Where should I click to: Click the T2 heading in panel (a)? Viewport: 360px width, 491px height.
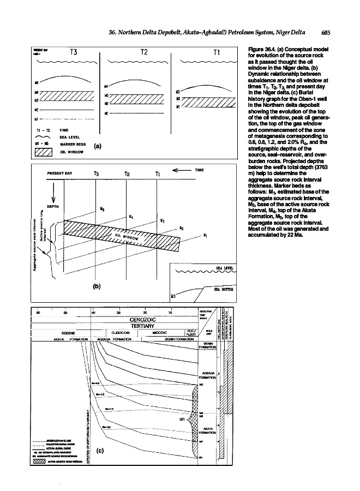pos(144,53)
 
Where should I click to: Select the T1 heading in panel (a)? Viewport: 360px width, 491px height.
pos(217,53)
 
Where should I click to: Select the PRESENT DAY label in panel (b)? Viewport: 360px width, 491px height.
pos(60,173)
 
